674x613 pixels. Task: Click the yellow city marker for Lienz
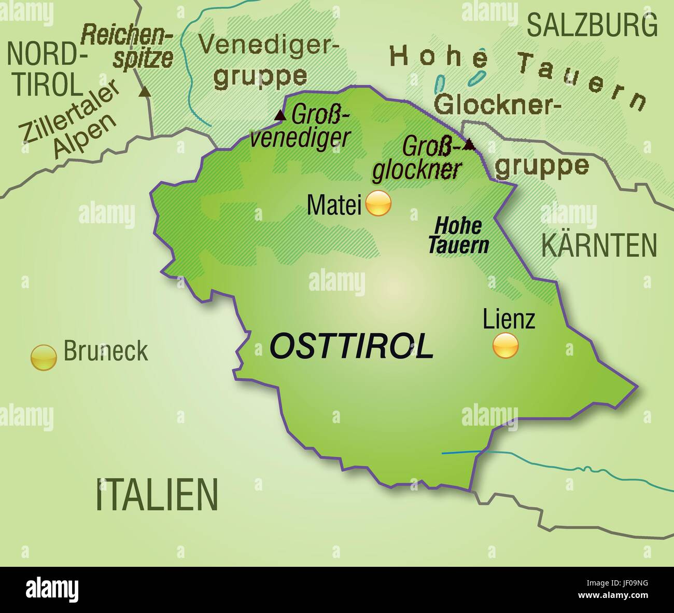click(x=505, y=345)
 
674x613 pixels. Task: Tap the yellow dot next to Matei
click(x=378, y=203)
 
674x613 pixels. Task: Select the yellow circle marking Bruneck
click(x=44, y=358)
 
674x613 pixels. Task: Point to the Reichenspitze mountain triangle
click(x=145, y=92)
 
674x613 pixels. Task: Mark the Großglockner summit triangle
click(x=469, y=144)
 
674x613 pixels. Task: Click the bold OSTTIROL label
click(x=352, y=346)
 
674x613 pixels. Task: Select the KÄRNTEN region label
click(x=599, y=245)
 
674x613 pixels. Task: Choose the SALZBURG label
click(x=592, y=24)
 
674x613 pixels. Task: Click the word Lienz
click(x=508, y=319)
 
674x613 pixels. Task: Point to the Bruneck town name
click(x=105, y=352)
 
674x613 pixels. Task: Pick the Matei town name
click(x=333, y=205)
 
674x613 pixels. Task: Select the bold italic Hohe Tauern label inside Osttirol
click(x=458, y=236)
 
